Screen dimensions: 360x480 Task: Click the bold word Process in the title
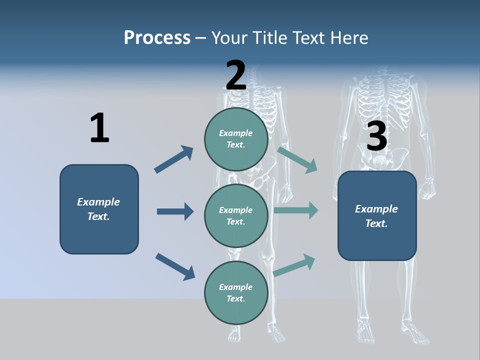click(x=157, y=37)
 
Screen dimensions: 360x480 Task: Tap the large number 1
click(x=99, y=128)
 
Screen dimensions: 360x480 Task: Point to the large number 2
click(x=235, y=75)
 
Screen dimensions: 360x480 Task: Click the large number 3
click(x=376, y=136)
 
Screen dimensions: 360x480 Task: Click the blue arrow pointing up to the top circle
click(x=173, y=159)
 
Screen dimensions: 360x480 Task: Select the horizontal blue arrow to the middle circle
click(x=175, y=211)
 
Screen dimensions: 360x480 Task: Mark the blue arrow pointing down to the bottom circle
click(x=175, y=266)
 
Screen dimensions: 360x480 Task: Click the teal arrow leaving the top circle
click(x=297, y=159)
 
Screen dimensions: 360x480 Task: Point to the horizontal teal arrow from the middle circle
click(x=296, y=210)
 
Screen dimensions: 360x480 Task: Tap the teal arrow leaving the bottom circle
click(x=294, y=265)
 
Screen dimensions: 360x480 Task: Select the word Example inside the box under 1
click(x=98, y=202)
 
